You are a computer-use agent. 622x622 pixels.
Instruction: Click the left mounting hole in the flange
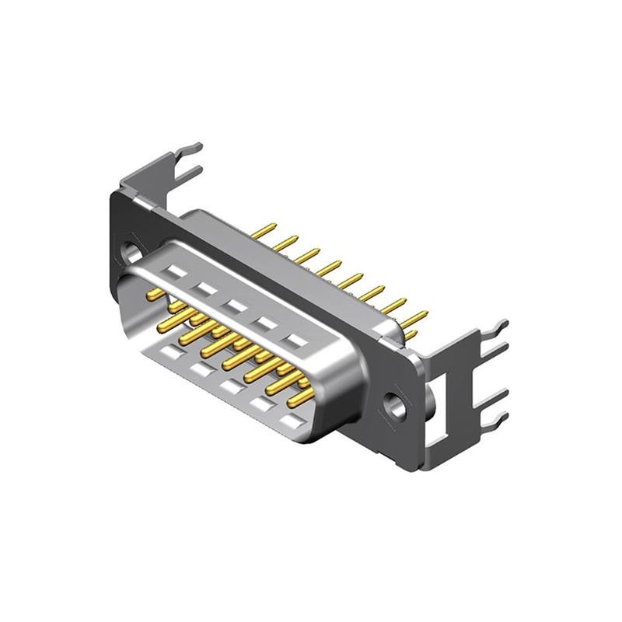point(133,253)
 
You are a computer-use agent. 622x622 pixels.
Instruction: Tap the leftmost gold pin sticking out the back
point(264,230)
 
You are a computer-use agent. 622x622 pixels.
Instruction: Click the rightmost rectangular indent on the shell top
point(295,340)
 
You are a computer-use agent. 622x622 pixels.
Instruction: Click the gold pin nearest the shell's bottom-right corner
point(300,398)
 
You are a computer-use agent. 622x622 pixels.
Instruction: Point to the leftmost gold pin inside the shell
point(156,293)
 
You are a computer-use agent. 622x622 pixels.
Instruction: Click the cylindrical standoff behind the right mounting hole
point(428,404)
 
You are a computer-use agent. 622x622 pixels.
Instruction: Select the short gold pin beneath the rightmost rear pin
point(410,336)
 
